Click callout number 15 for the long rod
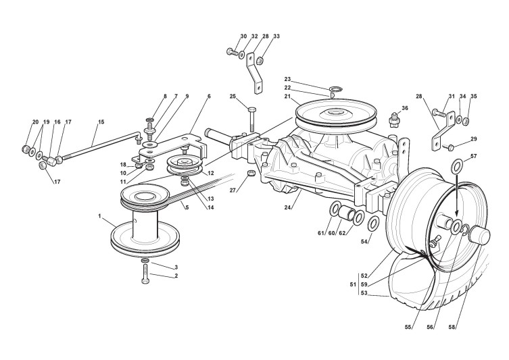coord(101,122)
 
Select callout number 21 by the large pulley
coord(287,97)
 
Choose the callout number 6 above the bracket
coord(209,97)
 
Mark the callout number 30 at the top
coord(243,36)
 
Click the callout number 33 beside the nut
coord(276,36)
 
